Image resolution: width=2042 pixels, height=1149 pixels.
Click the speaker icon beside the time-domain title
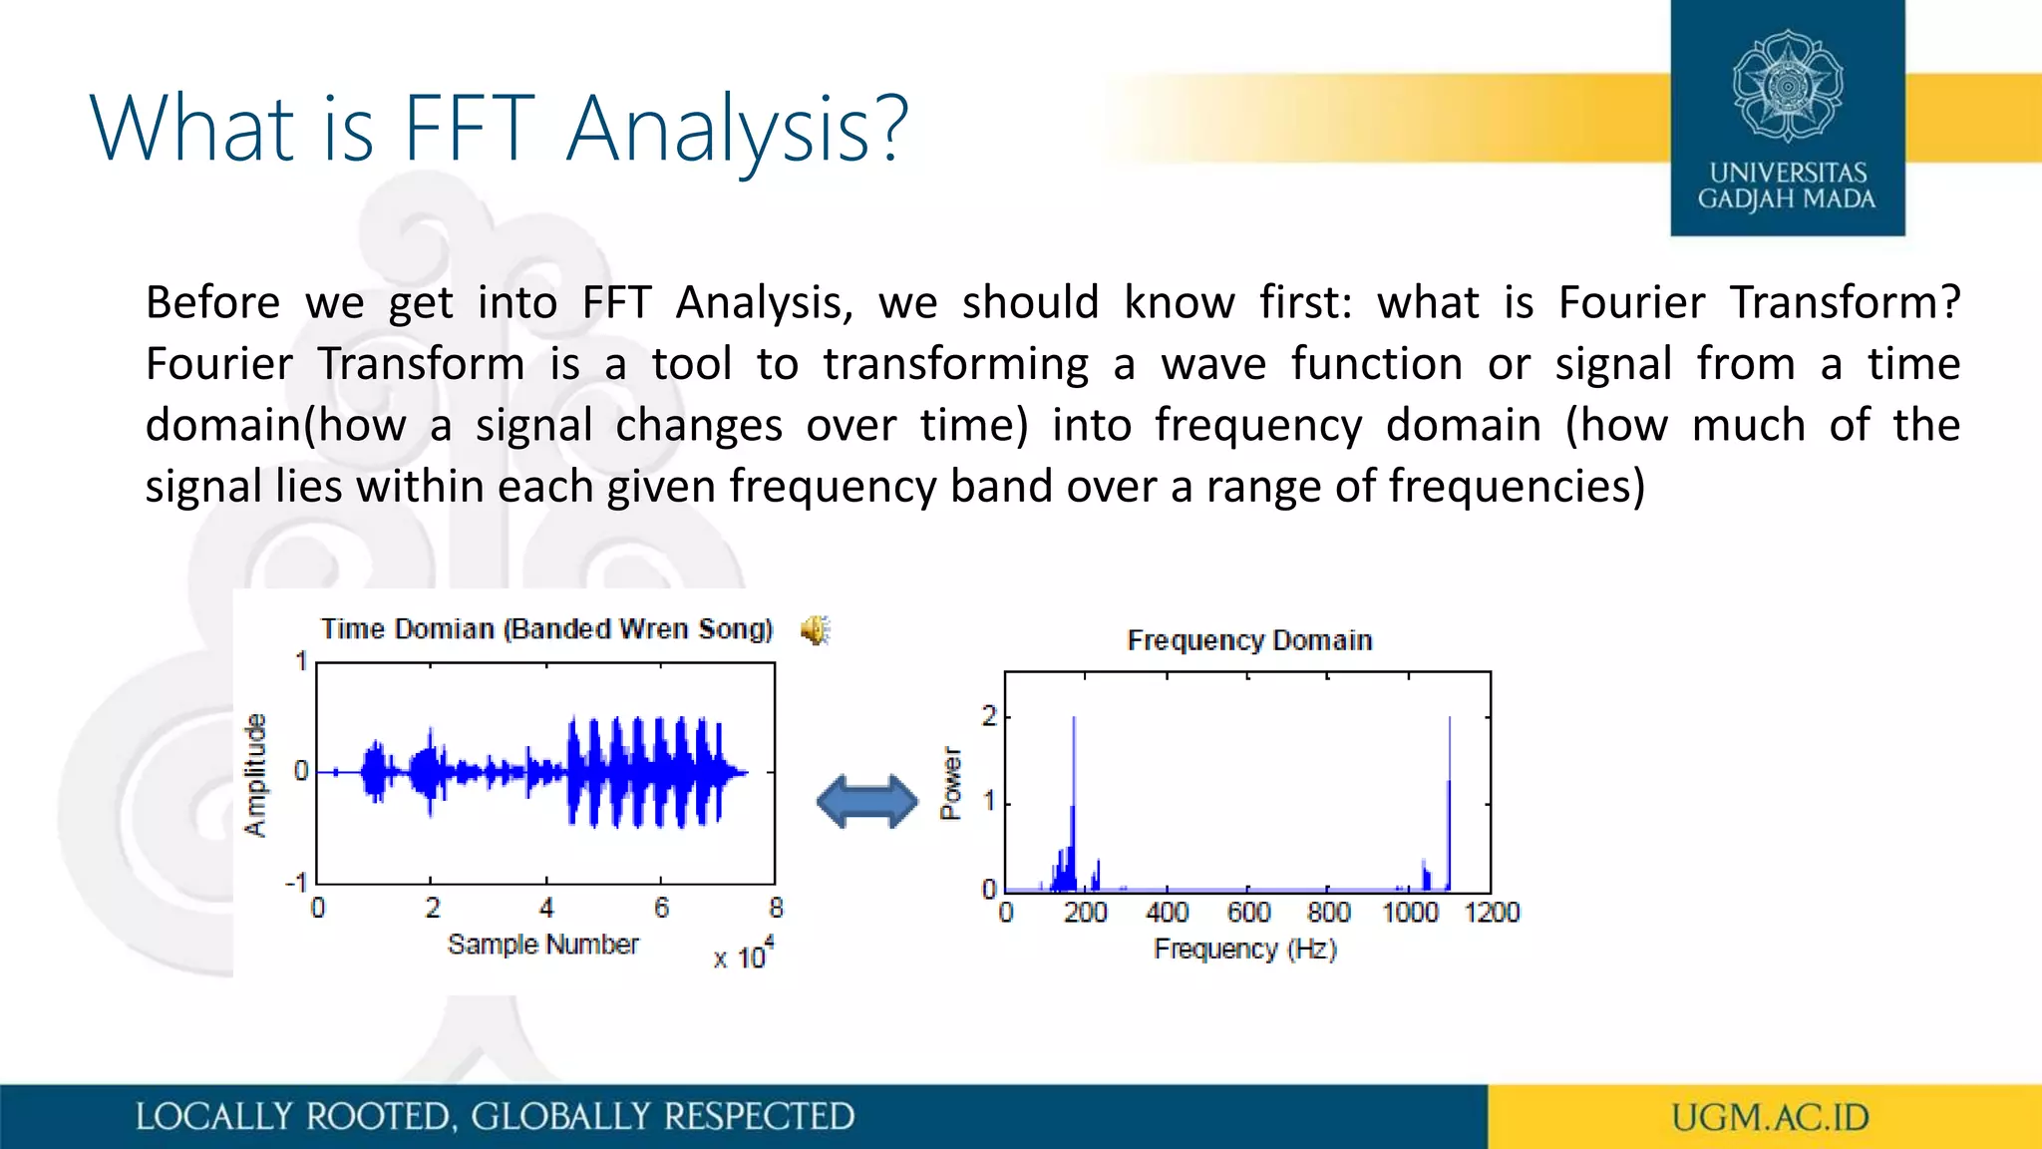[x=815, y=630]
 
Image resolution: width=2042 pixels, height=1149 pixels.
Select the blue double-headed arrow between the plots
[x=866, y=802]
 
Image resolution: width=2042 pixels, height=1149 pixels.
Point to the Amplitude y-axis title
[x=256, y=775]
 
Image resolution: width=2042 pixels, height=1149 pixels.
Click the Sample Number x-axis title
[x=542, y=944]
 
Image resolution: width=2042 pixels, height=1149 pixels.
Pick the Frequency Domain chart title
[x=1249, y=640]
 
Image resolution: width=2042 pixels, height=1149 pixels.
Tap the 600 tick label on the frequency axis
[x=1248, y=913]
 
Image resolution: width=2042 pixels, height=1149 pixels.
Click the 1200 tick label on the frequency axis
[x=1492, y=913]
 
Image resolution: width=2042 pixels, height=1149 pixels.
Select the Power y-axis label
[x=951, y=783]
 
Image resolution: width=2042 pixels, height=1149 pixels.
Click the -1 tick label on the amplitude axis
[x=296, y=883]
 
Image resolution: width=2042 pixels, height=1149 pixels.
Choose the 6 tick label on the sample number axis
[x=661, y=908]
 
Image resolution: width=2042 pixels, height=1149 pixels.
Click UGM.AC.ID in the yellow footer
[x=1770, y=1117]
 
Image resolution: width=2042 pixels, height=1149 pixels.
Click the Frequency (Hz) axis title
[x=1245, y=949]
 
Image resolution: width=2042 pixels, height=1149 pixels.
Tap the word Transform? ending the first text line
[x=1845, y=302]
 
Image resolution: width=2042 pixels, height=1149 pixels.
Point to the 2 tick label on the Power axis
[x=988, y=716]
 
